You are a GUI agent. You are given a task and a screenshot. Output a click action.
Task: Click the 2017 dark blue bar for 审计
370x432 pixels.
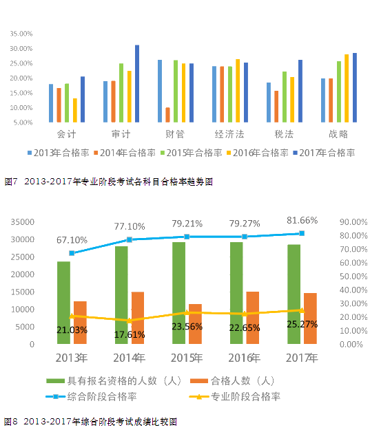coord(137,83)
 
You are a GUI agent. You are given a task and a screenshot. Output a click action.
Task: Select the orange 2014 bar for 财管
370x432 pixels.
coord(167,115)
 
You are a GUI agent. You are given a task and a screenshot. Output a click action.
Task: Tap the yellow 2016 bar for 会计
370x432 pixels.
coord(75,110)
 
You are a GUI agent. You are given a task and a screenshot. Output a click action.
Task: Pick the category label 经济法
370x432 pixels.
coord(229,134)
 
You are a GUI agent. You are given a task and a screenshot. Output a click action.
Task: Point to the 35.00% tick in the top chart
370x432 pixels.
coord(21,34)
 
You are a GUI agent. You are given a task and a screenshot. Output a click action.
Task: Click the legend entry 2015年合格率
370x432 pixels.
coord(192,153)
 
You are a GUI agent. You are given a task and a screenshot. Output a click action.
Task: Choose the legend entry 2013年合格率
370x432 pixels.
coord(58,153)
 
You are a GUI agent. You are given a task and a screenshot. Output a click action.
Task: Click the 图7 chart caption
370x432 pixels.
coord(108,182)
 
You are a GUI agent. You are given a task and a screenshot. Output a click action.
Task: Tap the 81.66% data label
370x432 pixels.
coord(302,220)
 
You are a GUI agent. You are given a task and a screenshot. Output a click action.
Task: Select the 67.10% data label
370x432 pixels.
coord(72,240)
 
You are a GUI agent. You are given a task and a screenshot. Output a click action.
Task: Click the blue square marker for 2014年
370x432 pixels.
coord(129,239)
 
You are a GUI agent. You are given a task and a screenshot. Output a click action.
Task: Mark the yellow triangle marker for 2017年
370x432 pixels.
coord(302,310)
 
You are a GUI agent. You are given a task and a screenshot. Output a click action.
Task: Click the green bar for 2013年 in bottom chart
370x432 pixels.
coord(63,303)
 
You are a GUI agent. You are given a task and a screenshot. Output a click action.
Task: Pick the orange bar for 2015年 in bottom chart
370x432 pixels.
coord(195,324)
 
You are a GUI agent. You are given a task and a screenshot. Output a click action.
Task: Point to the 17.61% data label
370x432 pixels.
coord(130,335)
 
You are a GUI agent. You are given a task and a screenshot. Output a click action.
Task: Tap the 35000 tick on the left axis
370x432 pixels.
coord(22,222)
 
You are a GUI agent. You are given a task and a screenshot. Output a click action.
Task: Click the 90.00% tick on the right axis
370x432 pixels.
coord(353,222)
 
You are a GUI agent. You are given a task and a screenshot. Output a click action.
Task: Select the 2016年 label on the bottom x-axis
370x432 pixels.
coord(244,358)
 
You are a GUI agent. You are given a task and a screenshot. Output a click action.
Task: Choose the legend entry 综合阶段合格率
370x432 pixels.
coord(91,397)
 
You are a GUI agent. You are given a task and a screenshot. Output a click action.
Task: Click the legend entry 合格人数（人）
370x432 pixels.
coord(232,381)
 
